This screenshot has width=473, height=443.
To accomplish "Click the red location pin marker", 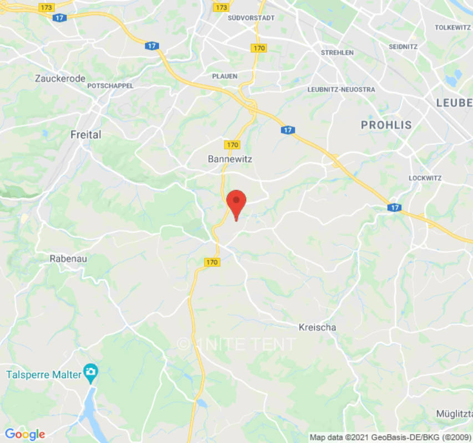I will (x=237, y=203).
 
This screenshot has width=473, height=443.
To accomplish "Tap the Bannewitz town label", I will (x=230, y=159).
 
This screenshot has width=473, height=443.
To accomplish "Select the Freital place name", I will (x=86, y=135).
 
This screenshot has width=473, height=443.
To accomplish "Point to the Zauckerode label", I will (x=60, y=79).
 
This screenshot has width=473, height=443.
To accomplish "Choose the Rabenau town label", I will (x=68, y=259).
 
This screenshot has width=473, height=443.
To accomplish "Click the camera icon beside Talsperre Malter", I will (x=90, y=371).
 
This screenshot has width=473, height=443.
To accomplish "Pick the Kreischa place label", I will (x=317, y=327).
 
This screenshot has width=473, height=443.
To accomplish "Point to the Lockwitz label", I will (x=424, y=178).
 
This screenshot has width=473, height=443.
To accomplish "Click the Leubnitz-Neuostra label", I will (x=341, y=90).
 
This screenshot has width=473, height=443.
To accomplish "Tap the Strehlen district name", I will (x=337, y=53).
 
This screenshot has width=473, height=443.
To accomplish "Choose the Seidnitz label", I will (x=403, y=47).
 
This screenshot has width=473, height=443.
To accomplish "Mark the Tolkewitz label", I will (x=452, y=27).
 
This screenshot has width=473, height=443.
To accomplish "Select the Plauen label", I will (x=225, y=76).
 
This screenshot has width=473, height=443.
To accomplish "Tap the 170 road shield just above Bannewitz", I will (x=232, y=145).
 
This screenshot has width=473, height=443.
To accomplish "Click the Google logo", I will (x=24, y=434).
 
